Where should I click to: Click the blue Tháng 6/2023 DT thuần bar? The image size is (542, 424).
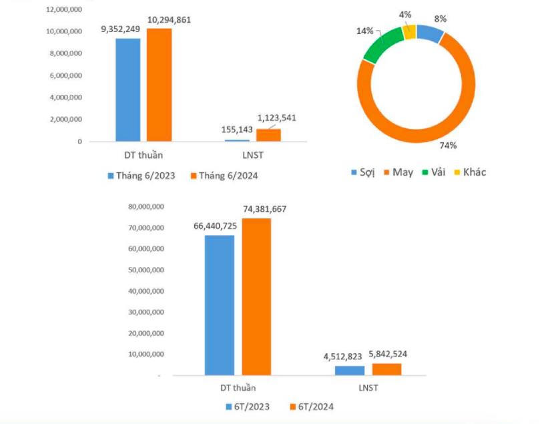pyautogui.click(x=127, y=89)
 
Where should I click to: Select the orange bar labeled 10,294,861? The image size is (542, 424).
pyautogui.click(x=160, y=85)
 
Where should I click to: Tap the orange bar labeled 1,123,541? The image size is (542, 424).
pyautogui.click(x=268, y=135)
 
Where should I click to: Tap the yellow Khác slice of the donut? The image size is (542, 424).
pyautogui.click(x=409, y=31)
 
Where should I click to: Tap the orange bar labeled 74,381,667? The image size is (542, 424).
pyautogui.click(x=256, y=296)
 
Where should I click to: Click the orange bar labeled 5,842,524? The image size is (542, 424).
pyautogui.click(x=386, y=369)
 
